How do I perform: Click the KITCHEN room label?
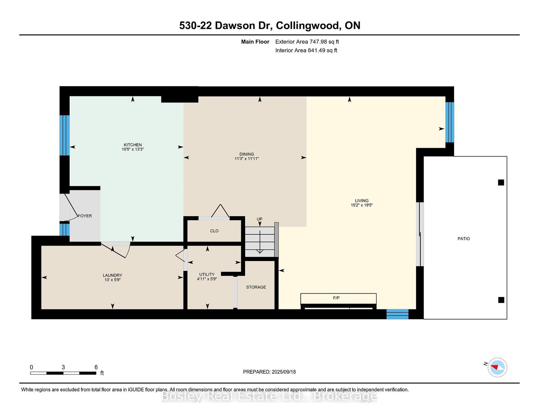click(x=133, y=145)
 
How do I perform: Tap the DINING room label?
click(x=246, y=154)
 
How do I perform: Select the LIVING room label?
click(x=362, y=201)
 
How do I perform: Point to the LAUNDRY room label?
click(x=112, y=275)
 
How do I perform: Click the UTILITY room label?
click(x=207, y=274)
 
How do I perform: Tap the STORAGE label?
click(x=256, y=287)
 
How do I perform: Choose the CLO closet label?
click(x=214, y=231)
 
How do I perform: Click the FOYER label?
click(x=85, y=216)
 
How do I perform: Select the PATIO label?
click(x=464, y=239)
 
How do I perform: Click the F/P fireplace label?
click(x=336, y=298)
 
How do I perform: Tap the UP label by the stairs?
click(x=260, y=219)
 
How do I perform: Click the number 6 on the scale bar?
click(x=96, y=367)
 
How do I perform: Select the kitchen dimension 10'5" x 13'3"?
click(x=133, y=149)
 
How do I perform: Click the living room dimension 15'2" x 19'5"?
click(x=362, y=205)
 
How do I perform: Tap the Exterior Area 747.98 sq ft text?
click(x=307, y=42)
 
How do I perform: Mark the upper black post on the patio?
click(x=501, y=182)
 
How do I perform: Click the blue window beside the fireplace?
click(x=398, y=314)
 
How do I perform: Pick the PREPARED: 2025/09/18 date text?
click(x=269, y=372)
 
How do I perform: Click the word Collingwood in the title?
click(x=308, y=26)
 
